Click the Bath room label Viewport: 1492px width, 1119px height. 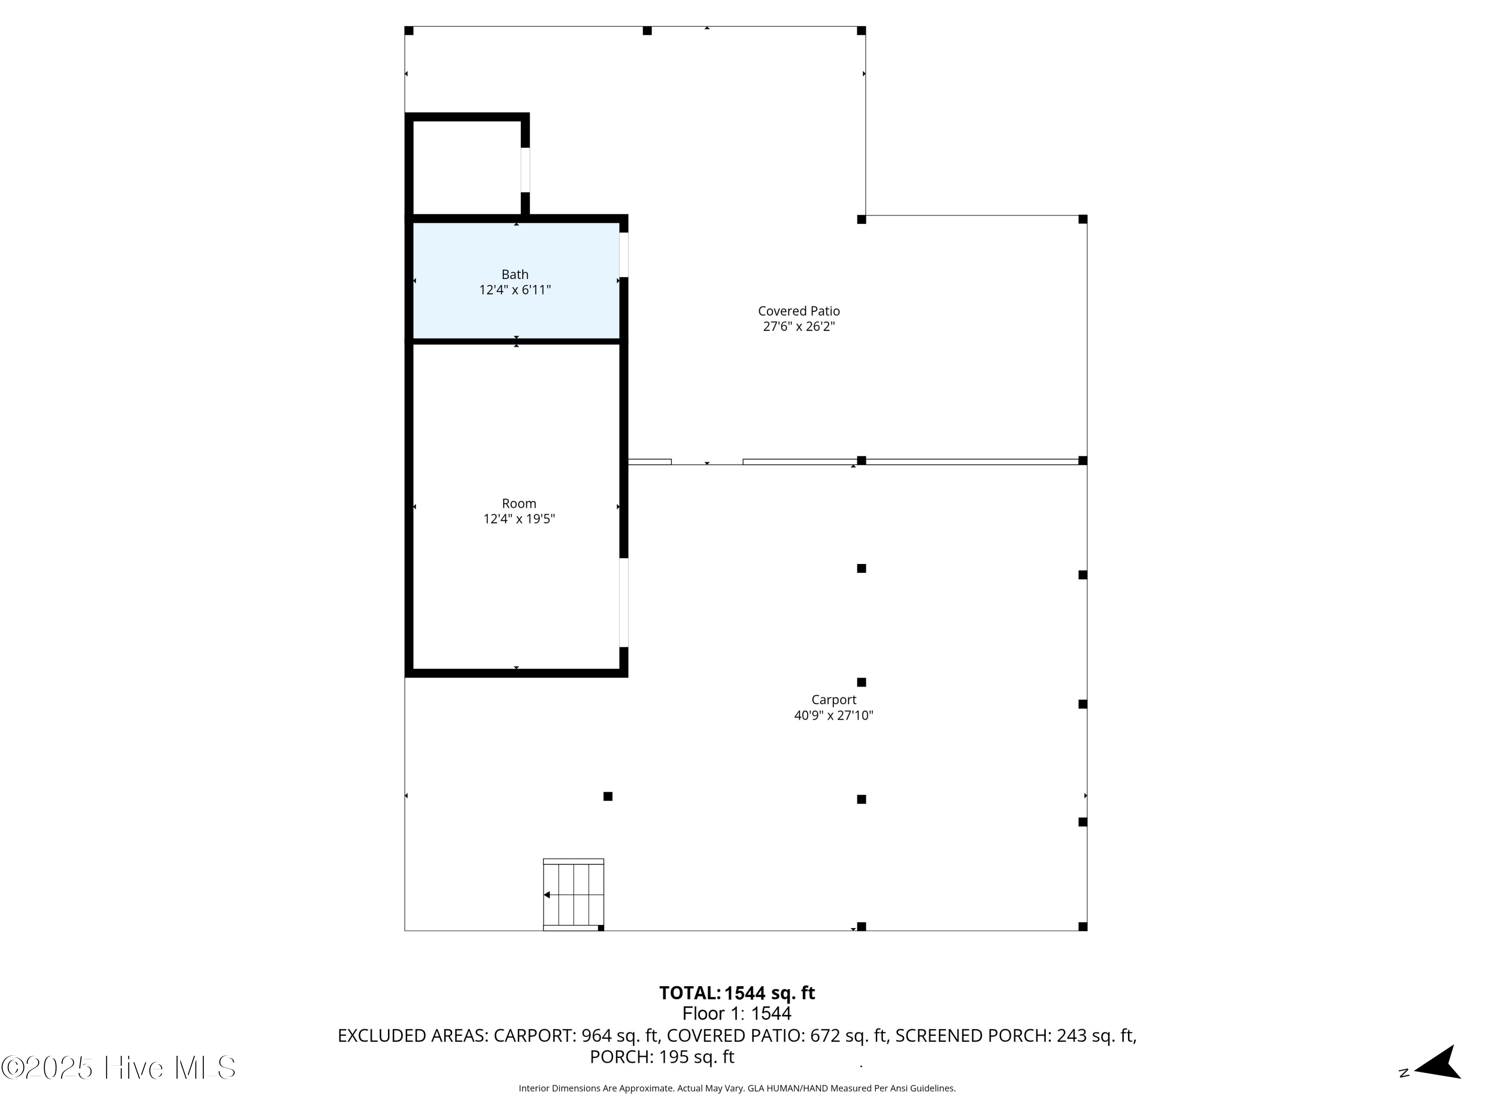coord(515,275)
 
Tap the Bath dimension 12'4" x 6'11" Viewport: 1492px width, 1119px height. coord(515,290)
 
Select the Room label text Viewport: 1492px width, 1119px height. coord(519,503)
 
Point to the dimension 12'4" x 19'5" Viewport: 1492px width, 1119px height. coord(519,519)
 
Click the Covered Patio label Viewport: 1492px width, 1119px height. coord(799,311)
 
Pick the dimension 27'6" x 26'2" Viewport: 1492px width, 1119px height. coord(799,326)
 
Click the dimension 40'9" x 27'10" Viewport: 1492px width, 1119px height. coord(834,715)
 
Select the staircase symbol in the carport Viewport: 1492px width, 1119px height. coord(573,894)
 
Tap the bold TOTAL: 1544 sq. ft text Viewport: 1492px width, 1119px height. coord(737,993)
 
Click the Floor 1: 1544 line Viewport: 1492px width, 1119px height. coord(737,1013)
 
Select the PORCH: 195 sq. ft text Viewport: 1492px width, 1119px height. coord(661,1057)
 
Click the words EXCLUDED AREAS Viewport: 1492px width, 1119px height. coord(412,1035)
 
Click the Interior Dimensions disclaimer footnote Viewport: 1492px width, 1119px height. coord(737,1088)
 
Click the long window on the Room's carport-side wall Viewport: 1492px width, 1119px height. coord(624,602)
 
